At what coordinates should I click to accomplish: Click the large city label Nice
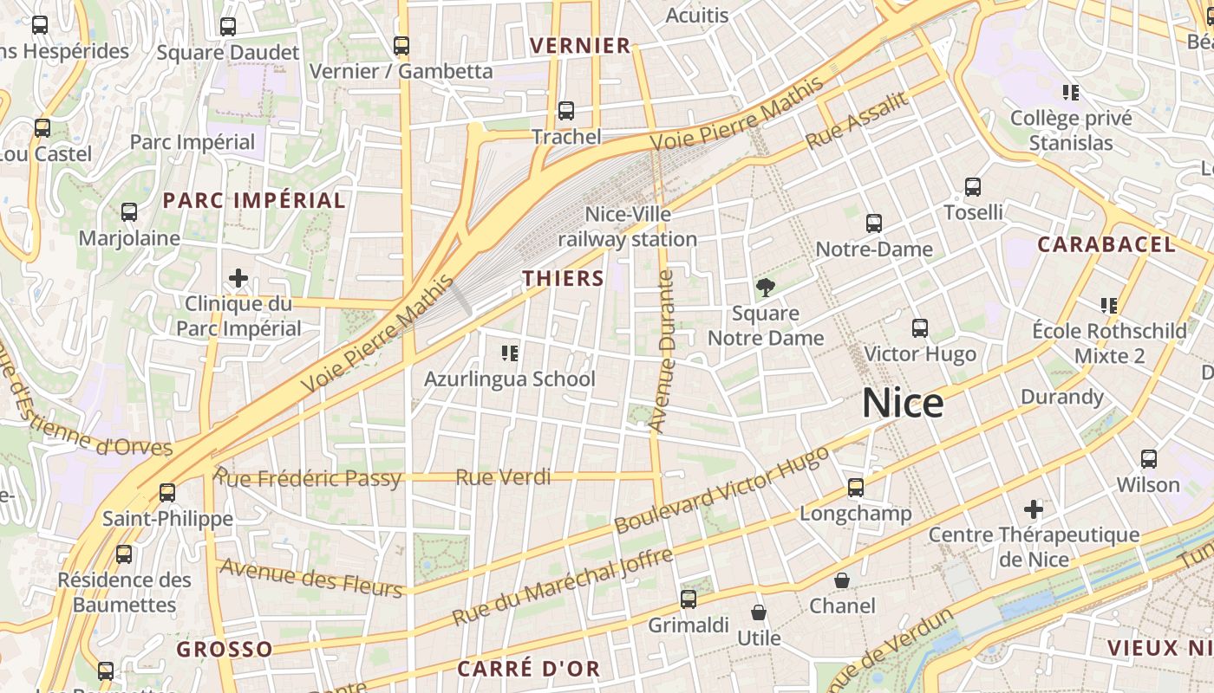(903, 404)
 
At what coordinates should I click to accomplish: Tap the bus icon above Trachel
(566, 111)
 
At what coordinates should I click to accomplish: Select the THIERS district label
(564, 278)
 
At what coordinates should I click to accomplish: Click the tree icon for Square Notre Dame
(765, 288)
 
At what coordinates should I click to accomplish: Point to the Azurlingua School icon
(510, 353)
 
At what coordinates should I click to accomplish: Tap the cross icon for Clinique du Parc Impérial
(238, 278)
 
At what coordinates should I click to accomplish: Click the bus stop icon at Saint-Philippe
(167, 493)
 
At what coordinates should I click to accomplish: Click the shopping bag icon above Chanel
(842, 580)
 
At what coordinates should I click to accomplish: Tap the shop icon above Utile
(759, 612)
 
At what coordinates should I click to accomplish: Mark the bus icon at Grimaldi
(689, 599)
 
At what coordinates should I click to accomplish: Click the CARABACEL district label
(1106, 244)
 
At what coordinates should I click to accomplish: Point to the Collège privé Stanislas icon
(1071, 92)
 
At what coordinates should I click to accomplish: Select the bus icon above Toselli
(973, 186)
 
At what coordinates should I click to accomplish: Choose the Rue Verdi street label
(503, 477)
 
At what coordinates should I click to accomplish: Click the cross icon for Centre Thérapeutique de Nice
(1034, 508)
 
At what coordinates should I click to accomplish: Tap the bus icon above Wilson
(1149, 458)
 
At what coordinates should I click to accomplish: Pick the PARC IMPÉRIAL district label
(254, 201)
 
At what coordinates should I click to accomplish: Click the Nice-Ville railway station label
(627, 226)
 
